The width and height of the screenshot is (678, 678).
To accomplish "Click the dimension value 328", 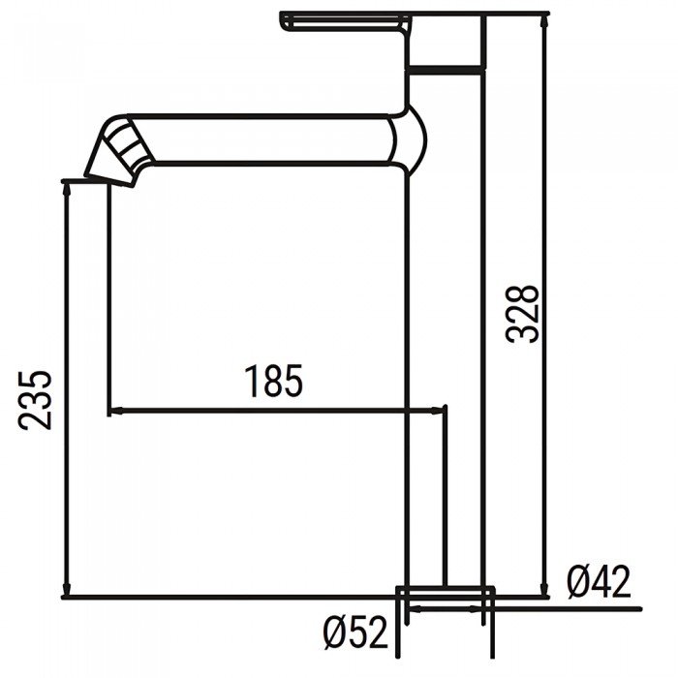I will click(523, 312).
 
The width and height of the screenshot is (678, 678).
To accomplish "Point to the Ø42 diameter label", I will click(598, 581).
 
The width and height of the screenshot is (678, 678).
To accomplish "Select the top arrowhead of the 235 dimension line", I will click(67, 190).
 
